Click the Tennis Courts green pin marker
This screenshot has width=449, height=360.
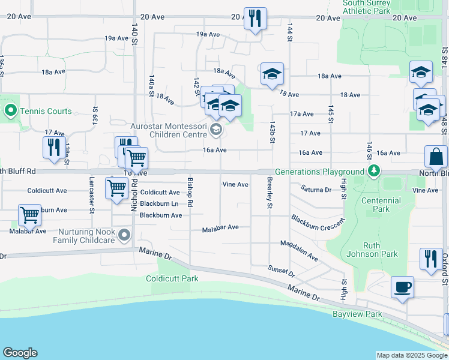pyautogui.click(x=10, y=111)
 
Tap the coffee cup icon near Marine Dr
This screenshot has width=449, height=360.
pyautogui.click(x=402, y=287)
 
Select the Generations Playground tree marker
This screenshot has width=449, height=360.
pyautogui.click(x=373, y=172)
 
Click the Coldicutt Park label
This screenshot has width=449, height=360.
pyautogui.click(x=172, y=278)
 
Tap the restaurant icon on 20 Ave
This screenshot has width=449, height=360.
pyautogui.click(x=255, y=18)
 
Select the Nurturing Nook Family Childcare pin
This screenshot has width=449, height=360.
pyautogui.click(x=124, y=235)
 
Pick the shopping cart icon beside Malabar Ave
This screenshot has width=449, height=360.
pyautogui.click(x=29, y=215)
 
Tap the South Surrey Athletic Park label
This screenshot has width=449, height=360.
pyautogui.click(x=366, y=7)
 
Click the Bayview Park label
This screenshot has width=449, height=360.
pyautogui.click(x=358, y=314)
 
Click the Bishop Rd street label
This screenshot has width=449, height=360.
pyautogui.click(x=190, y=192)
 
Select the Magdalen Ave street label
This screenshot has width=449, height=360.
pyautogui.click(x=299, y=250)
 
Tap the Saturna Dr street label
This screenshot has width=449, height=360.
pyautogui.click(x=316, y=190)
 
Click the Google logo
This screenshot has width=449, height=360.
pyautogui.click(x=20, y=353)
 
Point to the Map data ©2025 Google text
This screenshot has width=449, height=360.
pyautogui.click(x=412, y=355)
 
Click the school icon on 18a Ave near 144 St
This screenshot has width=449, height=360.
pyautogui.click(x=272, y=74)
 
